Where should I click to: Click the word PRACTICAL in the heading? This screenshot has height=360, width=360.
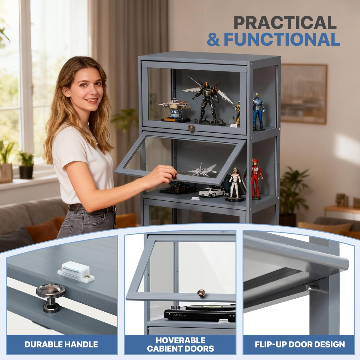coord(285,23)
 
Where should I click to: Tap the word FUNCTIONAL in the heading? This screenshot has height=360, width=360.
coord(282,39)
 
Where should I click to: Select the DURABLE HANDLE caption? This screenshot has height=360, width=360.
coord(61,344)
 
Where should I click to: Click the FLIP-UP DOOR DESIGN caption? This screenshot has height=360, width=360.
coord(300,344)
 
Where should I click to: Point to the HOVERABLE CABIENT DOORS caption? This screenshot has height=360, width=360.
coord(181,344)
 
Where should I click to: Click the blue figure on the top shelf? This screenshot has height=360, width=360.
coord(258,112)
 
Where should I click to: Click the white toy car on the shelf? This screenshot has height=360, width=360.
coord(212,192)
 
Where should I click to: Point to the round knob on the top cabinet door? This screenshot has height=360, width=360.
coord(191,128)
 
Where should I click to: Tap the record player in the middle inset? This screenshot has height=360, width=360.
coord(200,313)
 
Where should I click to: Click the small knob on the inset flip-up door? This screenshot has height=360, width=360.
coord(201,294)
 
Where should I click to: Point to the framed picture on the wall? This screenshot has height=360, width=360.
coord(304,94)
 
